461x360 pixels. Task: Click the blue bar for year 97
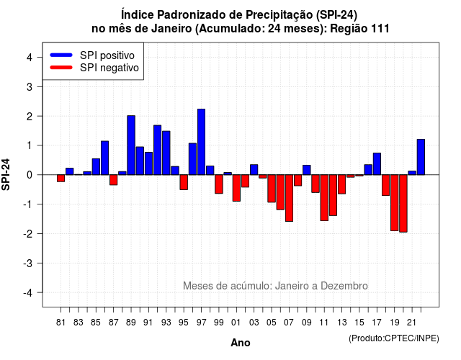(202, 142)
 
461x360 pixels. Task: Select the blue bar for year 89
(131, 145)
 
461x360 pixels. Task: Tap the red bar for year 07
(289, 198)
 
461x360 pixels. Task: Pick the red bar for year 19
(395, 203)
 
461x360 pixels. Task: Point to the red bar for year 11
(324, 198)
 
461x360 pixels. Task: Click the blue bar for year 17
(377, 164)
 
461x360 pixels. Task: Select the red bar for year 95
(184, 182)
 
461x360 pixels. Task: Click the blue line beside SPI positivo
(61, 55)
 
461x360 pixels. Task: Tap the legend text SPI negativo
(109, 68)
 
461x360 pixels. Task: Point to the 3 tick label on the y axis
(30, 86)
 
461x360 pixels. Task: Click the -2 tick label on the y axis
(27, 233)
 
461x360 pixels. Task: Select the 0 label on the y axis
(30, 175)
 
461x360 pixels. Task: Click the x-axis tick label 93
(166, 323)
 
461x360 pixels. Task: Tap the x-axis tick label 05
(272, 323)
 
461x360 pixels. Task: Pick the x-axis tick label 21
(412, 323)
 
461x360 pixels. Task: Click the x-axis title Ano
(241, 343)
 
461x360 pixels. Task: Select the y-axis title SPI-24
(6, 174)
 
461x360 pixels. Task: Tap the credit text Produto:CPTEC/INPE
(394, 338)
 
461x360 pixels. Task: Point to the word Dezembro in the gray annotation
(344, 286)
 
